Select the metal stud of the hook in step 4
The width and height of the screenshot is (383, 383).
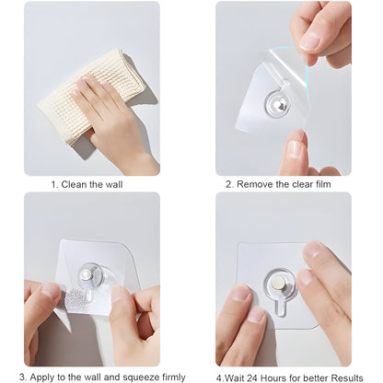point(278,276)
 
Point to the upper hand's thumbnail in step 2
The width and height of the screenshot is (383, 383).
point(310,41)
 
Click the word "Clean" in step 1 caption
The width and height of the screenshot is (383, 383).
point(77,184)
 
